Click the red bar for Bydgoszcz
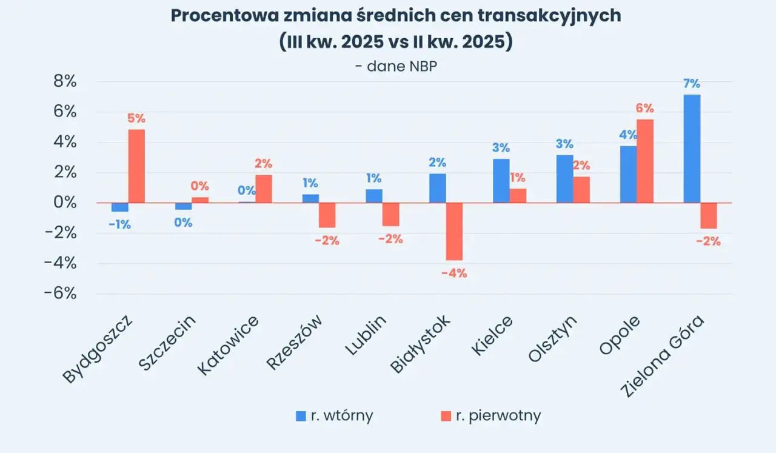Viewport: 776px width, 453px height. tap(136, 166)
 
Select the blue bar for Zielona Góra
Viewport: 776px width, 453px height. tap(692, 149)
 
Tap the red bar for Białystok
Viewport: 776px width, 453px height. tap(454, 231)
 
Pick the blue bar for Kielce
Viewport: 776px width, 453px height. tap(501, 181)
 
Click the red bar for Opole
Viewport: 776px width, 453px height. tap(645, 161)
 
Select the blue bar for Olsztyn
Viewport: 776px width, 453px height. tap(564, 179)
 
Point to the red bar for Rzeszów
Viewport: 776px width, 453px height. tap(327, 215)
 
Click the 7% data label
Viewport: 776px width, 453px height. tap(692, 84)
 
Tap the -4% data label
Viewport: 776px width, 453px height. tap(454, 273)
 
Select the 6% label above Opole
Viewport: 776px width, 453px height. tap(644, 109)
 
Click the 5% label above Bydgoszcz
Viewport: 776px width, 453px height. tap(136, 118)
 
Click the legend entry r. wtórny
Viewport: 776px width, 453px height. tap(334, 416)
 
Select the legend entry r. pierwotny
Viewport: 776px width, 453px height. tap(490, 416)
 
